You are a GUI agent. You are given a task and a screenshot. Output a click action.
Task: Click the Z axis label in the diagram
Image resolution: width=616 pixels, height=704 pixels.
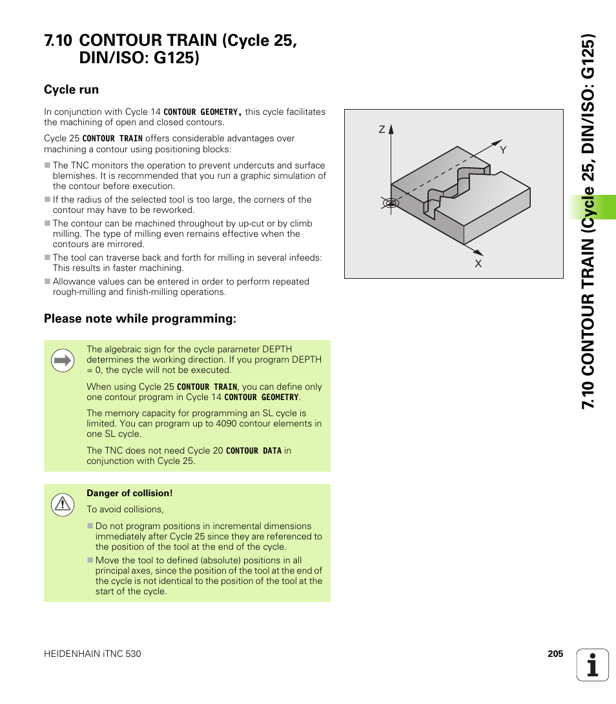tap(382, 130)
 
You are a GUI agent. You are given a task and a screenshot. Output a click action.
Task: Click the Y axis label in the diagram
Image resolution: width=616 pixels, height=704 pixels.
tap(503, 150)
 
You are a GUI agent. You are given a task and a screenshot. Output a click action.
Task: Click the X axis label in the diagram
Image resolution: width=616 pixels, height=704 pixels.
tap(478, 263)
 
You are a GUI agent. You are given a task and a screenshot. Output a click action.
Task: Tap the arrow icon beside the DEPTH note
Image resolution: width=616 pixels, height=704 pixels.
tap(63, 361)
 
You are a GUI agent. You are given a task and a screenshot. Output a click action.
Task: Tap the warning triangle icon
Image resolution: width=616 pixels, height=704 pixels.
tap(63, 504)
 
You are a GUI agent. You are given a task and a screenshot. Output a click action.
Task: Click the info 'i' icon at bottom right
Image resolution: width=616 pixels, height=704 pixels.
tap(593, 665)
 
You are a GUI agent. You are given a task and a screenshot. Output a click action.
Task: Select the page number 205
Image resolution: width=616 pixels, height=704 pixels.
tap(555, 654)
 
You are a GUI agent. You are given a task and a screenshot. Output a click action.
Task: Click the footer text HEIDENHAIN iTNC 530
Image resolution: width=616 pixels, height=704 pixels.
tap(92, 654)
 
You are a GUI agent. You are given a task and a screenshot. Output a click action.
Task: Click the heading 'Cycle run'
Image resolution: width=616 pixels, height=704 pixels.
tap(71, 90)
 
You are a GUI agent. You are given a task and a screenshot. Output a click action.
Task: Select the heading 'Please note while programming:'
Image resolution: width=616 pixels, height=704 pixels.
tap(140, 319)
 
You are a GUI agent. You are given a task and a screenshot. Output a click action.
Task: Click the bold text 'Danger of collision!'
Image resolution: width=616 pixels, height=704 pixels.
tap(130, 493)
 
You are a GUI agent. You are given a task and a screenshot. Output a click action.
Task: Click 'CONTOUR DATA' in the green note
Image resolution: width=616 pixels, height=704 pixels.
tap(254, 451)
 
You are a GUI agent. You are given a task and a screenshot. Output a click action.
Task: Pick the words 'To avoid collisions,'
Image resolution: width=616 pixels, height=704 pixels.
tap(125, 509)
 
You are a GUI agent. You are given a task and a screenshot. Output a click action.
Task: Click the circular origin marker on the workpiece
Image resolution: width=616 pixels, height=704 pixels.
tap(390, 203)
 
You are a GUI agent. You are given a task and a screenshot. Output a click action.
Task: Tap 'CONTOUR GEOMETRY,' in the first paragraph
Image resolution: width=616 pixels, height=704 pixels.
tap(203, 112)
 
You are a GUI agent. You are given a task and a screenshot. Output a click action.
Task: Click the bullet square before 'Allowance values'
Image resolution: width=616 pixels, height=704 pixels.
tap(47, 282)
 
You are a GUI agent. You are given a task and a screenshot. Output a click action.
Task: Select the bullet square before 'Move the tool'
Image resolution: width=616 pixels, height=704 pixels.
tap(90, 561)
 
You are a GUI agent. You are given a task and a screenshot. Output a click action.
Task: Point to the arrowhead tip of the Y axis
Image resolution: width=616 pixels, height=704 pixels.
tap(501, 141)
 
